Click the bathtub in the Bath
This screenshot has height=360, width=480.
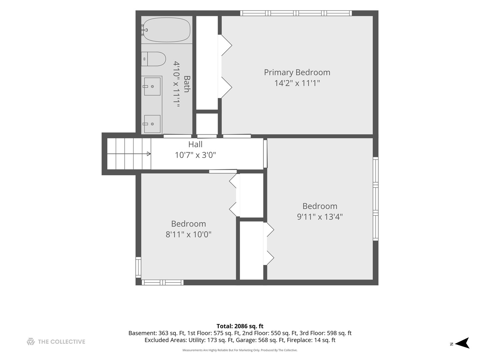[167, 30]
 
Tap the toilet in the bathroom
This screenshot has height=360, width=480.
[153, 59]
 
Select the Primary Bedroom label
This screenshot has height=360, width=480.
[297, 72]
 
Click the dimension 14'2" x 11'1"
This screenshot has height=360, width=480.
[297, 83]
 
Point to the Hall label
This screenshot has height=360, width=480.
[195, 144]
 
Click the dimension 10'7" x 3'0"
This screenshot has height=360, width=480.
[195, 155]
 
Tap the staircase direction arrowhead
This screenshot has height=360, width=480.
[149, 154]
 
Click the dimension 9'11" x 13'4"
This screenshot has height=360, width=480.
[320, 217]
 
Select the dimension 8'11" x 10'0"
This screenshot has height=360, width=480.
[188, 235]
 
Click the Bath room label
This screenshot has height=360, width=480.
[187, 84]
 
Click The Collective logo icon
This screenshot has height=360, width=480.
[31, 341]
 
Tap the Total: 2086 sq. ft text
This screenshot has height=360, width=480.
[240, 326]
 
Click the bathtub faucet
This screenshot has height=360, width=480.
[144, 30]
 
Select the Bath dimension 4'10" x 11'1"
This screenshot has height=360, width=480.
[176, 84]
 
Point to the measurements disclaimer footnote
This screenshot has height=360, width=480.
[240, 350]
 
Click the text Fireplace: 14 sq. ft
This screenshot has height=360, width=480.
[311, 340]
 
